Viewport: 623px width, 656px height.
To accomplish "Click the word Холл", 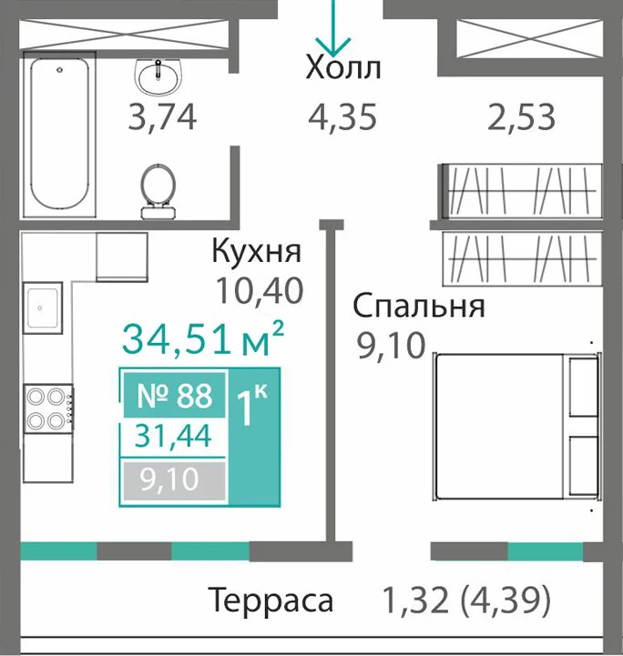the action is (x=343, y=67).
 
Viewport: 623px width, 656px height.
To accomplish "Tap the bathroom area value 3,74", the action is (x=162, y=117).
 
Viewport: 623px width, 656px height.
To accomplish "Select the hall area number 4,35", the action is (x=342, y=117).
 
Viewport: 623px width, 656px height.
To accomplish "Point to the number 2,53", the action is (x=521, y=117).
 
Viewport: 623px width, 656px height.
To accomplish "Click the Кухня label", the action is (x=256, y=251).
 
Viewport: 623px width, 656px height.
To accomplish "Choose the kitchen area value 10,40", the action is (x=260, y=291).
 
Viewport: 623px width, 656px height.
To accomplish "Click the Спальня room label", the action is (x=419, y=306).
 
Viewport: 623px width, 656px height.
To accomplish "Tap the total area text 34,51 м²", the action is (x=203, y=338).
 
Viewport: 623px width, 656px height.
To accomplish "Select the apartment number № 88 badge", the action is (x=175, y=396).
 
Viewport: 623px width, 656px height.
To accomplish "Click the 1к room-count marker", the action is (x=252, y=404).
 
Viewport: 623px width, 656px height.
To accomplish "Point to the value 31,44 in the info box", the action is (x=173, y=437).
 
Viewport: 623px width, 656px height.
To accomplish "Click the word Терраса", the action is (x=271, y=600).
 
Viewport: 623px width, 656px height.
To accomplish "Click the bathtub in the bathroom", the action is (x=59, y=134).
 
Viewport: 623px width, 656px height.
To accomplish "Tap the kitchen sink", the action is (x=43, y=308).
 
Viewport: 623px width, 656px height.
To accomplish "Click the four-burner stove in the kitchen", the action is (x=49, y=409).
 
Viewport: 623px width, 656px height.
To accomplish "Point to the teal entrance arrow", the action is (x=333, y=28).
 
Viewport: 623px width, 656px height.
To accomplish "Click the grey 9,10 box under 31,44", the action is (x=174, y=480).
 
